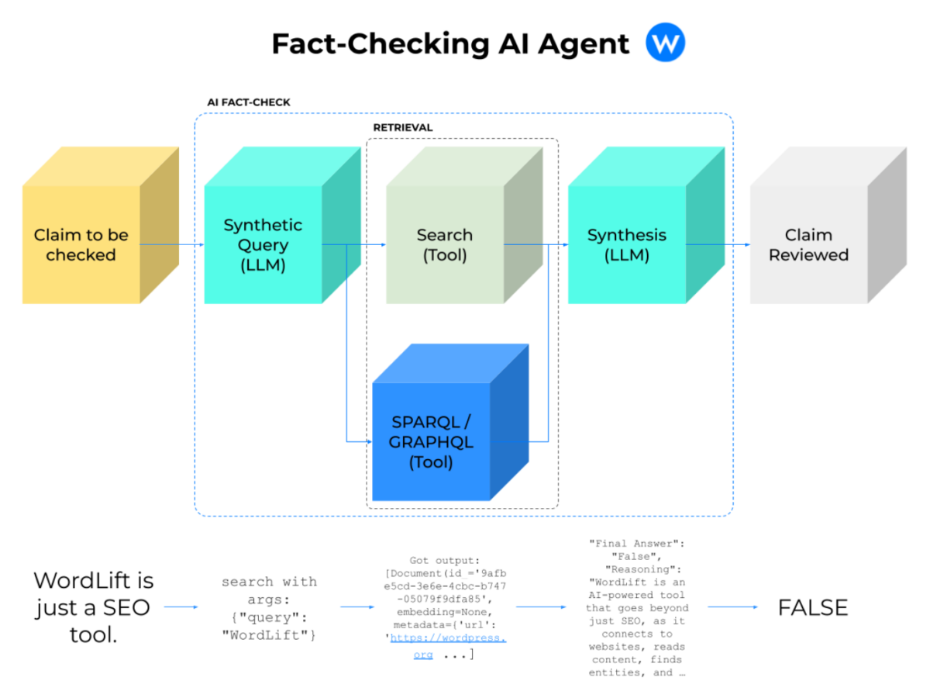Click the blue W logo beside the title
click(x=665, y=43)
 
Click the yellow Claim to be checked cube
click(x=81, y=244)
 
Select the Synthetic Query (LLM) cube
click(x=263, y=244)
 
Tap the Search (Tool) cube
click(x=445, y=244)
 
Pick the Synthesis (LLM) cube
click(x=626, y=244)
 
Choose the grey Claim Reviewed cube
click(x=808, y=244)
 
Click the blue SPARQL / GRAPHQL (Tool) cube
click(x=431, y=442)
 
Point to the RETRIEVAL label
click(x=403, y=127)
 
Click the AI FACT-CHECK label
click(x=249, y=102)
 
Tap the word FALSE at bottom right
click(x=813, y=607)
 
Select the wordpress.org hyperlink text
click(x=448, y=639)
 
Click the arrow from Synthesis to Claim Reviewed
click(x=718, y=244)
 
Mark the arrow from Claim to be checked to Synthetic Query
click(x=172, y=244)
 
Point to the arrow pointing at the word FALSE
click(x=732, y=607)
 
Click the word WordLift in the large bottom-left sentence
click(x=94, y=580)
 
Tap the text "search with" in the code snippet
click(x=269, y=582)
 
